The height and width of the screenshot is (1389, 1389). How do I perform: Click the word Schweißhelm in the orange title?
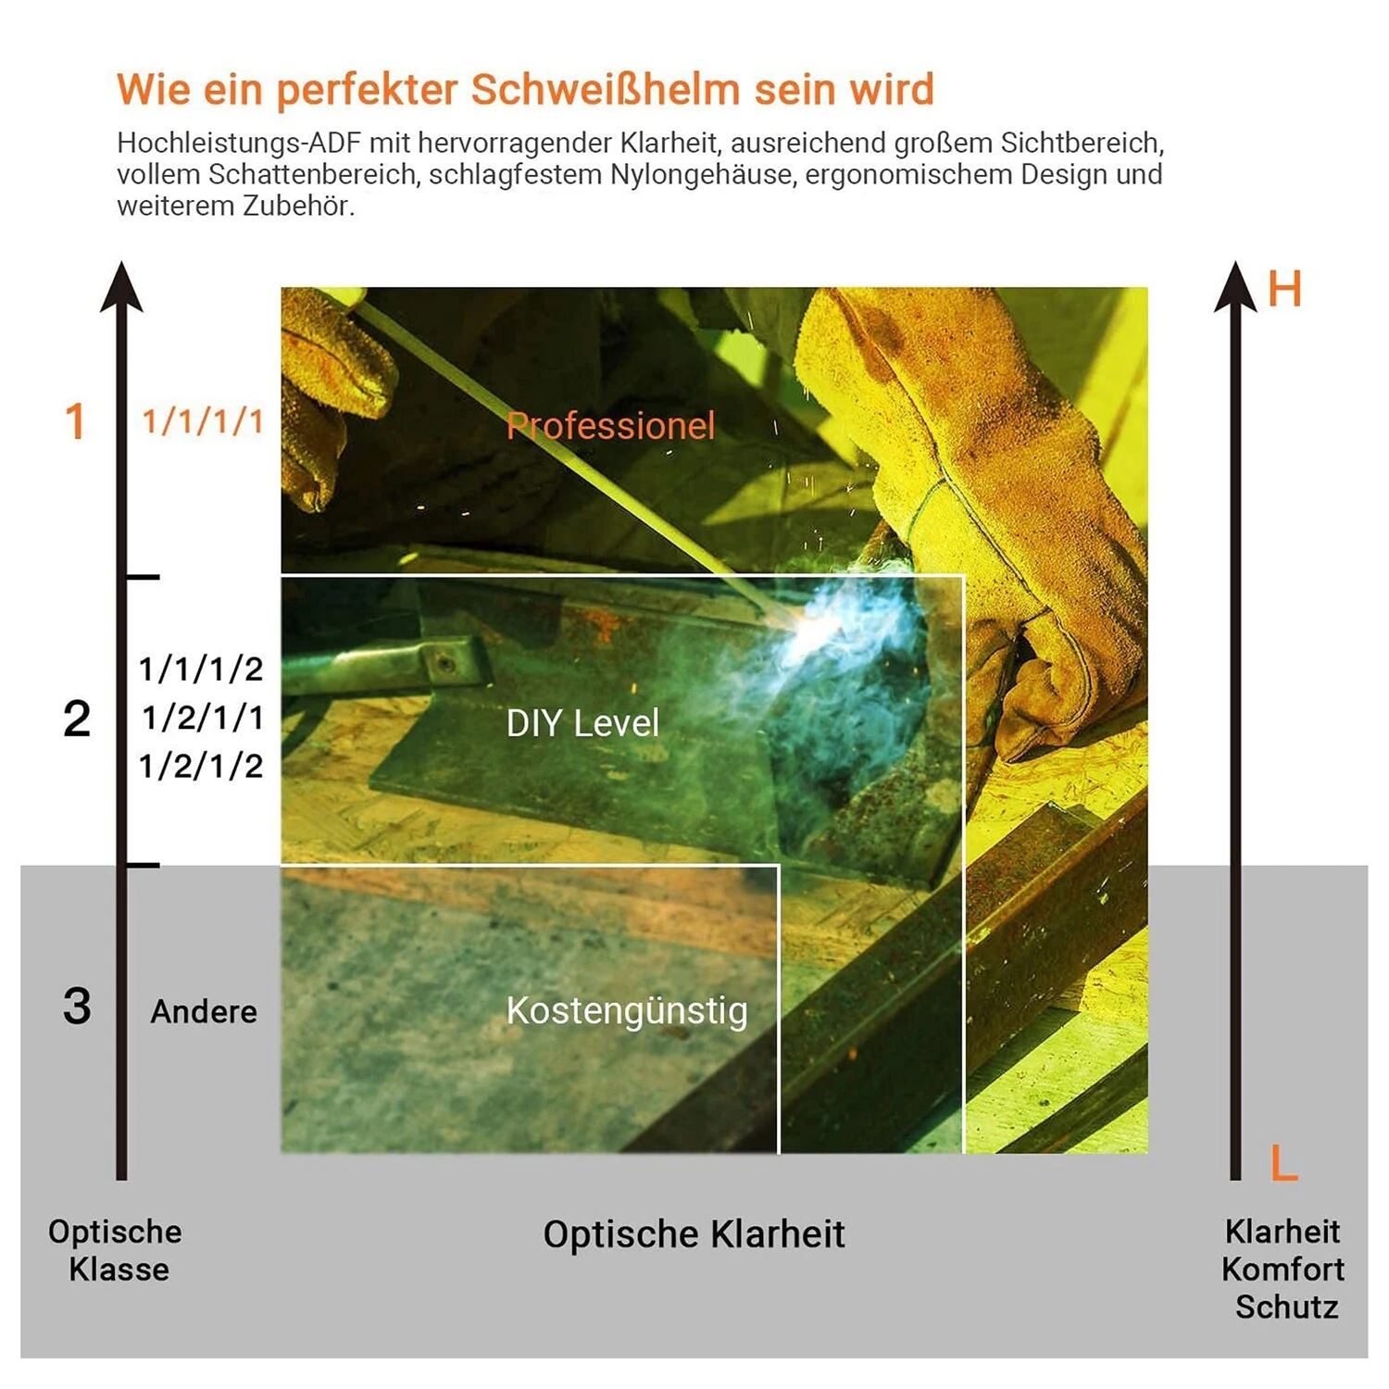606,90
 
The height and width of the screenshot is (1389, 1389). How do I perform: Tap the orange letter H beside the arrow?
1284,289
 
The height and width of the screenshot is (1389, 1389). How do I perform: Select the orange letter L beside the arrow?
1284,1162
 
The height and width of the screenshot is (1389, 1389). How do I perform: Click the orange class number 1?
75,421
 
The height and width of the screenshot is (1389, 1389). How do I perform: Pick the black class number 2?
77,719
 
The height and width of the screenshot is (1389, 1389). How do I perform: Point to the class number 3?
77,1006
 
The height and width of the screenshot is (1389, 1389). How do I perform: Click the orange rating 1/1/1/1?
203,421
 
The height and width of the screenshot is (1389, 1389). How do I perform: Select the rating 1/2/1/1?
203,717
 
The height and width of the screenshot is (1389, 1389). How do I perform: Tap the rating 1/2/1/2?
202,766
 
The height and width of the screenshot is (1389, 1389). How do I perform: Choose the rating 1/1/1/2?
202,669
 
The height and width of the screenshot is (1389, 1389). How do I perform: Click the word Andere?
204,1011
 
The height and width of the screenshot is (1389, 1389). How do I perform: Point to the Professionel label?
610,426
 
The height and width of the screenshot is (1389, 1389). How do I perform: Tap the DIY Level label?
582,723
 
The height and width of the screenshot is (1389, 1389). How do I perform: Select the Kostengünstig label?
627,1011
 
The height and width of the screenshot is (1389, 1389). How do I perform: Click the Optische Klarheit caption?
694,1234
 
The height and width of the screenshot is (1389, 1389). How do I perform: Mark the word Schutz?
1286,1307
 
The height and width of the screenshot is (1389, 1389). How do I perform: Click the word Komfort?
1283,1269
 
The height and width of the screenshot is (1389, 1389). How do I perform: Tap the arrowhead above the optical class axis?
121,286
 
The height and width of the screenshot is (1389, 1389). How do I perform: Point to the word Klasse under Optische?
119,1269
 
